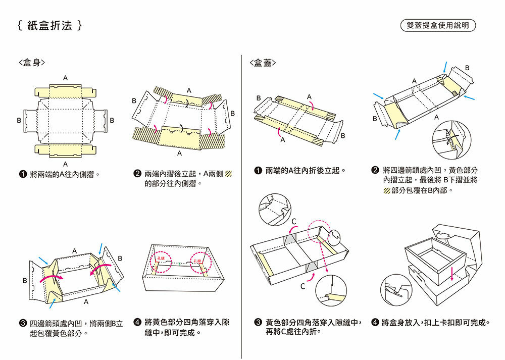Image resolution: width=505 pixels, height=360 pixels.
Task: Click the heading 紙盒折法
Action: coord(49,25)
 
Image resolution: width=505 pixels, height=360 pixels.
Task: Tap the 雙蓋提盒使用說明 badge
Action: coord(438,25)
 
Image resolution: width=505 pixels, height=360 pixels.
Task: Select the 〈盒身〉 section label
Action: coord(32,63)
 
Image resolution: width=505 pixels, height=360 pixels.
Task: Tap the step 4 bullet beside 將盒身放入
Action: coord(375,322)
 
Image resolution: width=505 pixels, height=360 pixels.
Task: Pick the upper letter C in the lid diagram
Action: coord(293,221)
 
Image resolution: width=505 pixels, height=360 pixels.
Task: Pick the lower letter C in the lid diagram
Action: coord(301,287)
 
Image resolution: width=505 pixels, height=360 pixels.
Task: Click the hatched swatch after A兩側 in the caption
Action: coord(228,175)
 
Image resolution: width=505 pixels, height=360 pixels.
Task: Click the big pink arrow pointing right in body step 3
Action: coord(51,277)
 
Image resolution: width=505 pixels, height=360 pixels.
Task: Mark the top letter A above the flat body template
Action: coord(65,78)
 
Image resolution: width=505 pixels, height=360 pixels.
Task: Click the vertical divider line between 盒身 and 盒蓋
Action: coord(242,202)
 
